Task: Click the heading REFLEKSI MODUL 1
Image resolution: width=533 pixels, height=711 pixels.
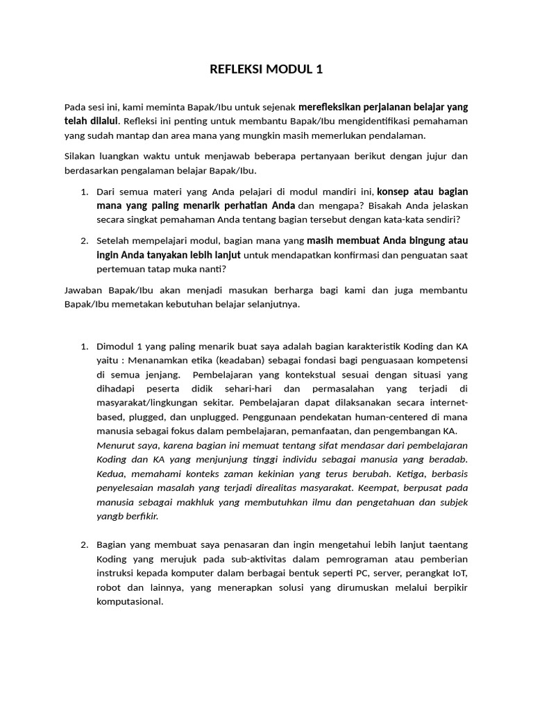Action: click(x=266, y=69)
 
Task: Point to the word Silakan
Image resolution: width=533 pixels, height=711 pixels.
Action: click(x=81, y=157)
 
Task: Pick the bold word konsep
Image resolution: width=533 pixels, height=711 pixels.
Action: click(x=394, y=191)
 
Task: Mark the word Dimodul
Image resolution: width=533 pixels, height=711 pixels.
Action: click(x=116, y=346)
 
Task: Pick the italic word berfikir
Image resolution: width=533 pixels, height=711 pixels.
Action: click(x=142, y=517)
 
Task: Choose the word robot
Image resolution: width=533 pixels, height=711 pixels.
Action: click(x=108, y=587)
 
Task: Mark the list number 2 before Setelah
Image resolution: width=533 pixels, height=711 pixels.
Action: click(x=83, y=241)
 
